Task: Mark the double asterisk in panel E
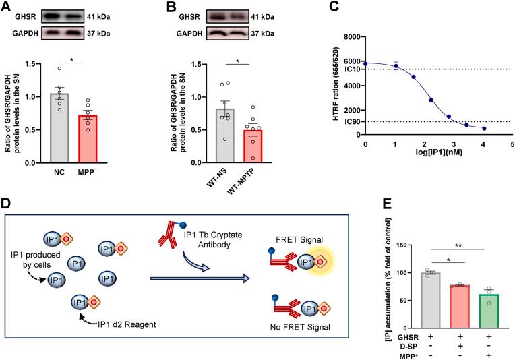pyautogui.click(x=441, y=247)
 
